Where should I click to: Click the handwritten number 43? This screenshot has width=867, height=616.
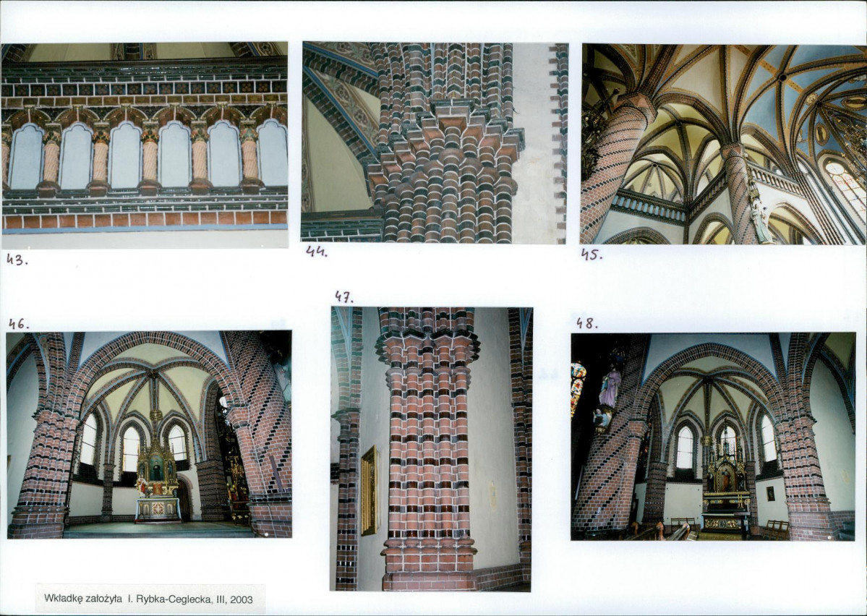pos(17,260)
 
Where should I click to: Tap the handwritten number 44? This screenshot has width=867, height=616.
pos(317,252)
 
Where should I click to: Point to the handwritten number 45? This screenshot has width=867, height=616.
pos(591,255)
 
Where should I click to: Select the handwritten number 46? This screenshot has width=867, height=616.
pos(19,323)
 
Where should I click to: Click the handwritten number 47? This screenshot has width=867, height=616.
pos(343,297)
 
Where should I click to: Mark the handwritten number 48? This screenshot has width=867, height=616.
pos(586,323)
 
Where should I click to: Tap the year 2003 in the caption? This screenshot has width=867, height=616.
pos(242,599)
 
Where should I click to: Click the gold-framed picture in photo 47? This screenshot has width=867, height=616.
pos(370,490)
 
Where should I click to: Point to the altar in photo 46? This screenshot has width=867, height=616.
pos(158,487)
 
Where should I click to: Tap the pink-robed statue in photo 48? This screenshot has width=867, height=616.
pos(610,387)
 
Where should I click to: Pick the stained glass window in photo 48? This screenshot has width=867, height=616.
pos(577,387)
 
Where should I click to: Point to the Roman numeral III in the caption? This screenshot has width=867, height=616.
pos(221,599)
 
